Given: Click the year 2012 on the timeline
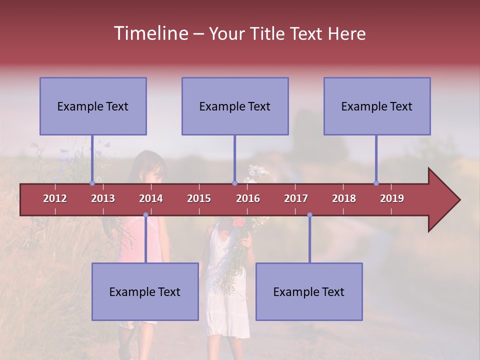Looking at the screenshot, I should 55,198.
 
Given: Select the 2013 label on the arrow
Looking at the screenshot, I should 103,198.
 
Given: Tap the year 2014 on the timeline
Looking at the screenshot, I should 151,198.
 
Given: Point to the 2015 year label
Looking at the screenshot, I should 199,198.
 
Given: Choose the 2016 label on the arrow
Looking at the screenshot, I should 248,198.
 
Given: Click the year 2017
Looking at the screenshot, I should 296,198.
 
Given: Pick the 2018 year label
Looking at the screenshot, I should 344,198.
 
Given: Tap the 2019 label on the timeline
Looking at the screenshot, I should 392,198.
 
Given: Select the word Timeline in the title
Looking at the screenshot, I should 150,33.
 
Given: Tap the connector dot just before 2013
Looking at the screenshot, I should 92,183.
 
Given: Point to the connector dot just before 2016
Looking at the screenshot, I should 234,183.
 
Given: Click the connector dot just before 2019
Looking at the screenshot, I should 376,183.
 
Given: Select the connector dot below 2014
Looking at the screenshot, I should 145,215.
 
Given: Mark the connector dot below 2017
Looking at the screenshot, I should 309,215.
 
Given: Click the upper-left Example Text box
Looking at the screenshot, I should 93,106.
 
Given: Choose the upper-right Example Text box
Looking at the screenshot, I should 377,106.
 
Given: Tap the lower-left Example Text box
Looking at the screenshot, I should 145,291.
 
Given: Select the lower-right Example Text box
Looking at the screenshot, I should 309,291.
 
